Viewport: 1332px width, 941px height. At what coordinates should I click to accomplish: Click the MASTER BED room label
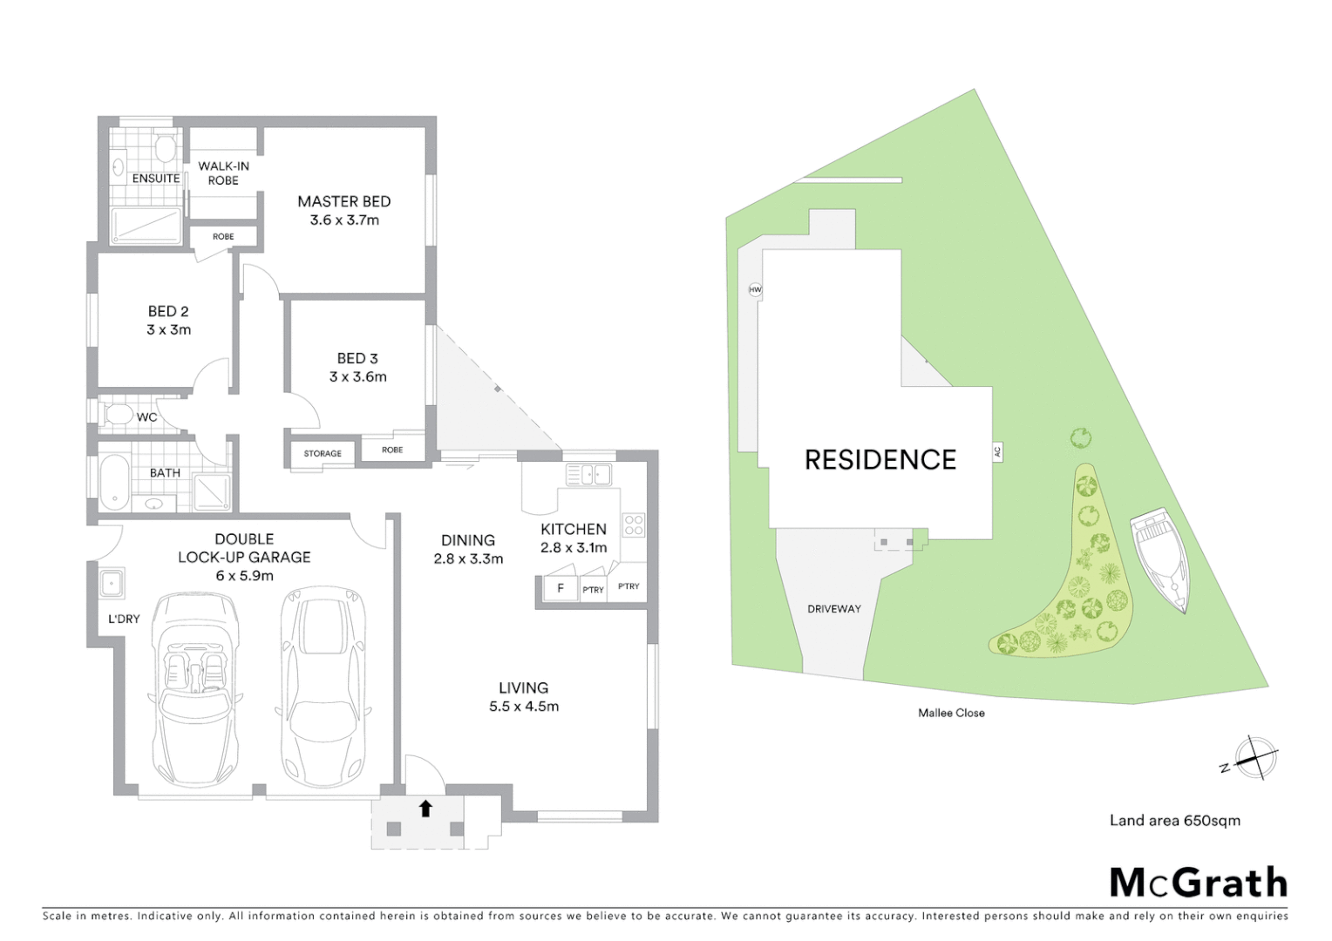coord(343,202)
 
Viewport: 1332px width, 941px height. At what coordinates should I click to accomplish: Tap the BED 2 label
coord(168,311)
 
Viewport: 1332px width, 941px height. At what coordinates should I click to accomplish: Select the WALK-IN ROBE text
coord(223,173)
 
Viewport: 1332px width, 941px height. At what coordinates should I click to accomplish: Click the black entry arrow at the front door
coord(425,809)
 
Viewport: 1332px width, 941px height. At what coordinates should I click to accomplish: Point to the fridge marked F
coord(560,588)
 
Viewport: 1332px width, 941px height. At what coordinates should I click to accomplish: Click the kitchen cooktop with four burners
coord(634,525)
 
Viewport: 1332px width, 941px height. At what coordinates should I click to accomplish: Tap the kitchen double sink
coord(588,475)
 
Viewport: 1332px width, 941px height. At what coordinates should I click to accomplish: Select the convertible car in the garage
coord(195,688)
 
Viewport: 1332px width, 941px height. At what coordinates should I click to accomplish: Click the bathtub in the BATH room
coord(113,482)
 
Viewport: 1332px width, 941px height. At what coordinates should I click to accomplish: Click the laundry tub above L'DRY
coord(111,583)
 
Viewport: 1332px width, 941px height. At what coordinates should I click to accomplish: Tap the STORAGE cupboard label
coord(323,453)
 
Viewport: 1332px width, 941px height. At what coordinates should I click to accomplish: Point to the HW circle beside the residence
coord(755,289)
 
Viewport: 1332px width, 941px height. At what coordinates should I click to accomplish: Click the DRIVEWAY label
coord(833,609)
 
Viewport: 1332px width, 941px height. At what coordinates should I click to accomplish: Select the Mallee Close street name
coord(951,713)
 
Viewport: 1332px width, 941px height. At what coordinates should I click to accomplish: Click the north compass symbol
coord(1255,756)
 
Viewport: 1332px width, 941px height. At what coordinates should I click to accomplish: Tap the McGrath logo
coord(1198,883)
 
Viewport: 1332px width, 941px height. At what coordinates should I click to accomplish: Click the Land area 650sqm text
coord(1174,820)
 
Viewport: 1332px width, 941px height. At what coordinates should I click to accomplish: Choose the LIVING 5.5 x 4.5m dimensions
coord(524,707)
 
